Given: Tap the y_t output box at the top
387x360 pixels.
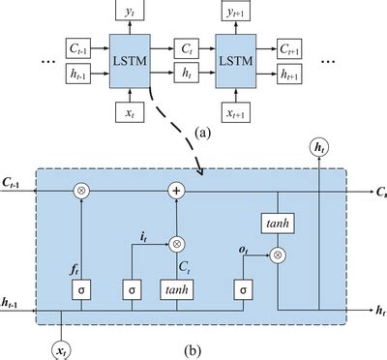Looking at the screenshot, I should click(x=130, y=12).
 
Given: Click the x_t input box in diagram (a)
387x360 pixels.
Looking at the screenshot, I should click(x=130, y=112).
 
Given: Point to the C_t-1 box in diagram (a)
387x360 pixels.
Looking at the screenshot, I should click(x=76, y=45).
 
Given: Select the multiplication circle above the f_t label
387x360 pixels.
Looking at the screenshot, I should click(x=84, y=193).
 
